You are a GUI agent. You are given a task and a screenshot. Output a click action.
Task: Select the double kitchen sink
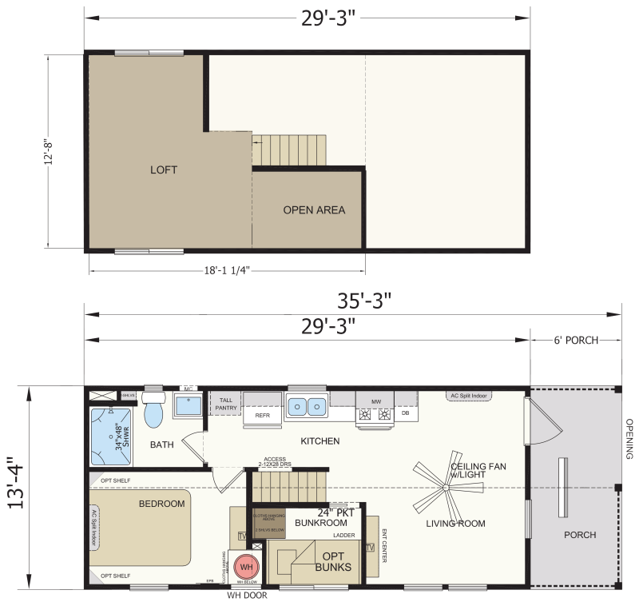point(306,407)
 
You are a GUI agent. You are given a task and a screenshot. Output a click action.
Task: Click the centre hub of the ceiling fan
point(444,488)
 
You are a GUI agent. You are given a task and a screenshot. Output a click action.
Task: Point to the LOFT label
point(164,170)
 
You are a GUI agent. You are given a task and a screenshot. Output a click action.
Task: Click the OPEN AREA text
point(314,210)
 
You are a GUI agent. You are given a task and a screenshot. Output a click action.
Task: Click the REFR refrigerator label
point(262,416)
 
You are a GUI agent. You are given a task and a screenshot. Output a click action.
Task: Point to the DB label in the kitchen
point(405,413)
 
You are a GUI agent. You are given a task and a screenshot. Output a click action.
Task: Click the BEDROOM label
point(162,504)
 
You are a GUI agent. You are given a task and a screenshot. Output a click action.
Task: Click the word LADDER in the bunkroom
point(344,535)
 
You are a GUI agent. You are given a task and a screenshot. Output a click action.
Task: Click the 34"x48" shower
point(113,436)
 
